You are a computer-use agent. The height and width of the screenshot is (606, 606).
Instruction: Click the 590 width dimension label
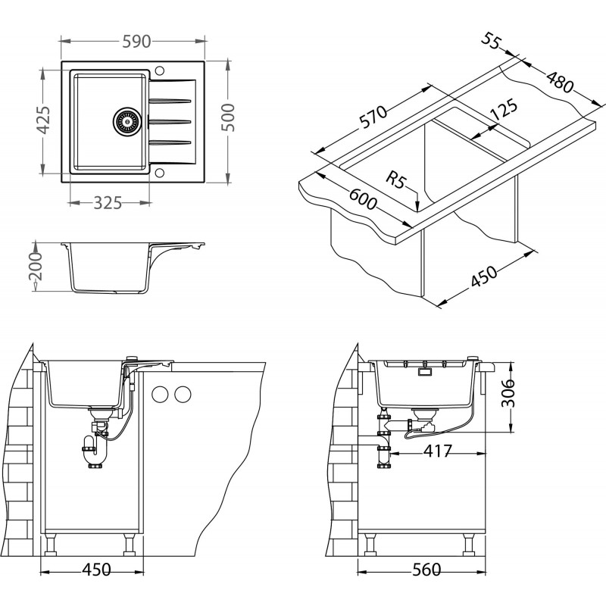pyautogui.click(x=133, y=42)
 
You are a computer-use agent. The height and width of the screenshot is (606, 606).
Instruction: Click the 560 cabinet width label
pyautogui.click(x=422, y=570)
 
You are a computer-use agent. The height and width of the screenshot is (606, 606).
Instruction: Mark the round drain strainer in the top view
pyautogui.click(x=127, y=120)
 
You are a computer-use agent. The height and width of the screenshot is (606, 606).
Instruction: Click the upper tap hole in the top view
pyautogui.click(x=159, y=70)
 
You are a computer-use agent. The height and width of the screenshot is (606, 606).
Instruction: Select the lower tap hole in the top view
pyautogui.click(x=159, y=172)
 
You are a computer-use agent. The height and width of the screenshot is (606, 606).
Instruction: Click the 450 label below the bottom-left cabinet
pyautogui.click(x=95, y=570)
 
